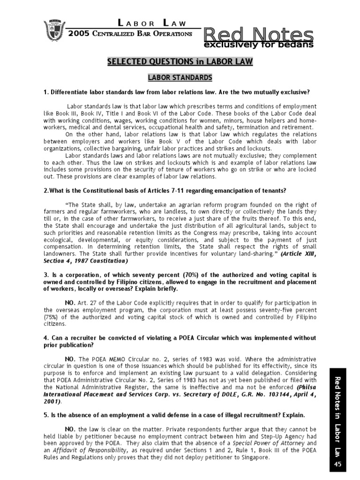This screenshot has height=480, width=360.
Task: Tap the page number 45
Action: click(337, 464)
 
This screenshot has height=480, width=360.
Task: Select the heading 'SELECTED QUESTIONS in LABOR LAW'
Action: click(180, 61)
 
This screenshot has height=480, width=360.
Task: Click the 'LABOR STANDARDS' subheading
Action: click(180, 77)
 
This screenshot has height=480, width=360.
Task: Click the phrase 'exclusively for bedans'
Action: click(258, 45)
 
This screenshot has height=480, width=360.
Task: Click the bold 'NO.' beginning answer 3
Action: click(70, 303)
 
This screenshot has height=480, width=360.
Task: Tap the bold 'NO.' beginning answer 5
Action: click(70, 429)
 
